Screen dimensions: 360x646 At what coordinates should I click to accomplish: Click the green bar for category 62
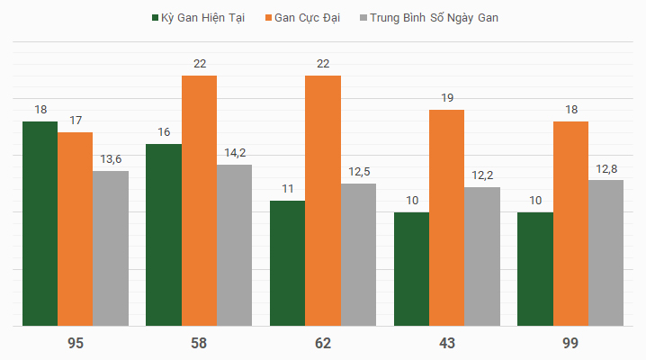click(x=288, y=263)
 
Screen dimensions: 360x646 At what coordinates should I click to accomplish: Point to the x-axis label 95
click(x=76, y=343)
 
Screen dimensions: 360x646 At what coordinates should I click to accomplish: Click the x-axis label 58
click(x=199, y=343)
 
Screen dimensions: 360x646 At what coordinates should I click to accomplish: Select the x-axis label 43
click(x=447, y=343)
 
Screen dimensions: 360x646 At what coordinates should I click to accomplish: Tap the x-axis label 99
click(x=570, y=343)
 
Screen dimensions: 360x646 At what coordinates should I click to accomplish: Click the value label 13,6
click(x=111, y=159)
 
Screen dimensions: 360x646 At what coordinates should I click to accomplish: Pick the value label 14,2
click(x=235, y=152)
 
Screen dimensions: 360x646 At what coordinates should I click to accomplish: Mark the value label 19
click(x=446, y=98)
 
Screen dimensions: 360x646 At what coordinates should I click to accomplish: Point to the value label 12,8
click(x=606, y=168)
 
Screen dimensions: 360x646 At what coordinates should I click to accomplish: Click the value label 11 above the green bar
click(x=288, y=189)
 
